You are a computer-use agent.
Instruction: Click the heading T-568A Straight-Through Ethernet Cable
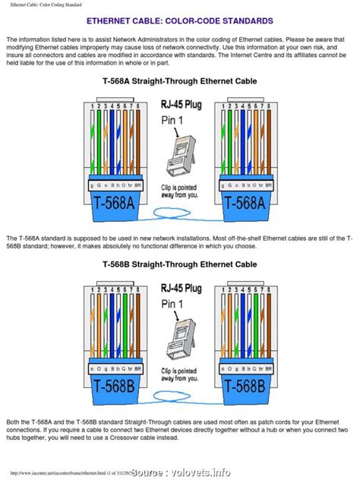180,80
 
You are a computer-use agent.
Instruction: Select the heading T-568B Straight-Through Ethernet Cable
180,264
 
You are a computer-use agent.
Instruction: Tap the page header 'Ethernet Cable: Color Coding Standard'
47,4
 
